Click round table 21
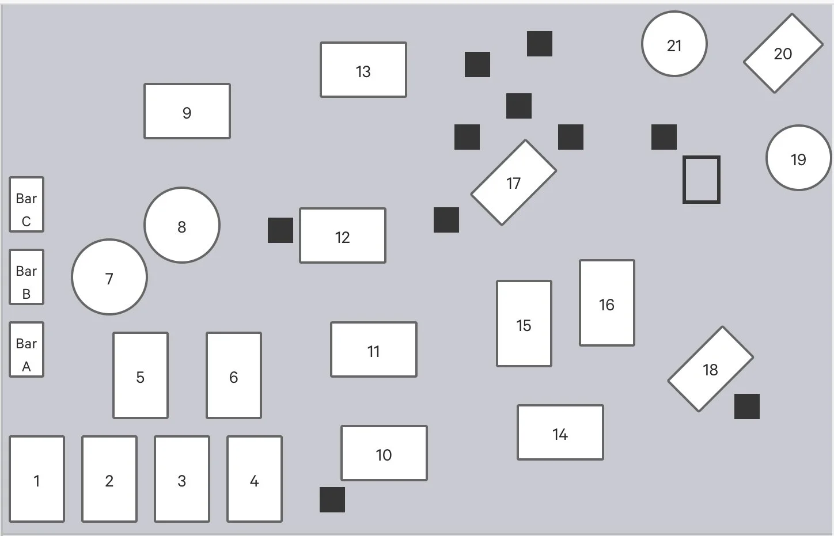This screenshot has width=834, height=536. coord(674,44)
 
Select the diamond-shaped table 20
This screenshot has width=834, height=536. coord(783,53)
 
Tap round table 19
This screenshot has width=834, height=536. coord(799,158)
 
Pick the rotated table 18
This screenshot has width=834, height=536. coord(710,369)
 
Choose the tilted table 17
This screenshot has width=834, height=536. coord(513,183)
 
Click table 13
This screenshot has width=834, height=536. coord(363,70)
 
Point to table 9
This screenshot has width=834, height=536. coord(187,111)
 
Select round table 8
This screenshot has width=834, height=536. coord(181,225)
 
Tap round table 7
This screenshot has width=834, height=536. coord(109,277)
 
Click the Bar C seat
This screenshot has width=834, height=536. coord(26,204)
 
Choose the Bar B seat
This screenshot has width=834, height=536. coord(26,277)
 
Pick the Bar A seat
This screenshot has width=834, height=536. coord(26,349)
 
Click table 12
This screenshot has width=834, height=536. coord(343,235)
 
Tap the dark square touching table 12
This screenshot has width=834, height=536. coord(280,230)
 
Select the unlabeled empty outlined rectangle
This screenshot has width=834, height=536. coord(702,180)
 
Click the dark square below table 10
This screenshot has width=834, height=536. coord(332,500)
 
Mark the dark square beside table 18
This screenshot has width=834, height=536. coord(747,406)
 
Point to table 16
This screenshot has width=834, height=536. coord(607,303)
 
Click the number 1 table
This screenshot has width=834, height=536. coord(37,479)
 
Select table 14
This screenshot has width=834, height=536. coord(560,432)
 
